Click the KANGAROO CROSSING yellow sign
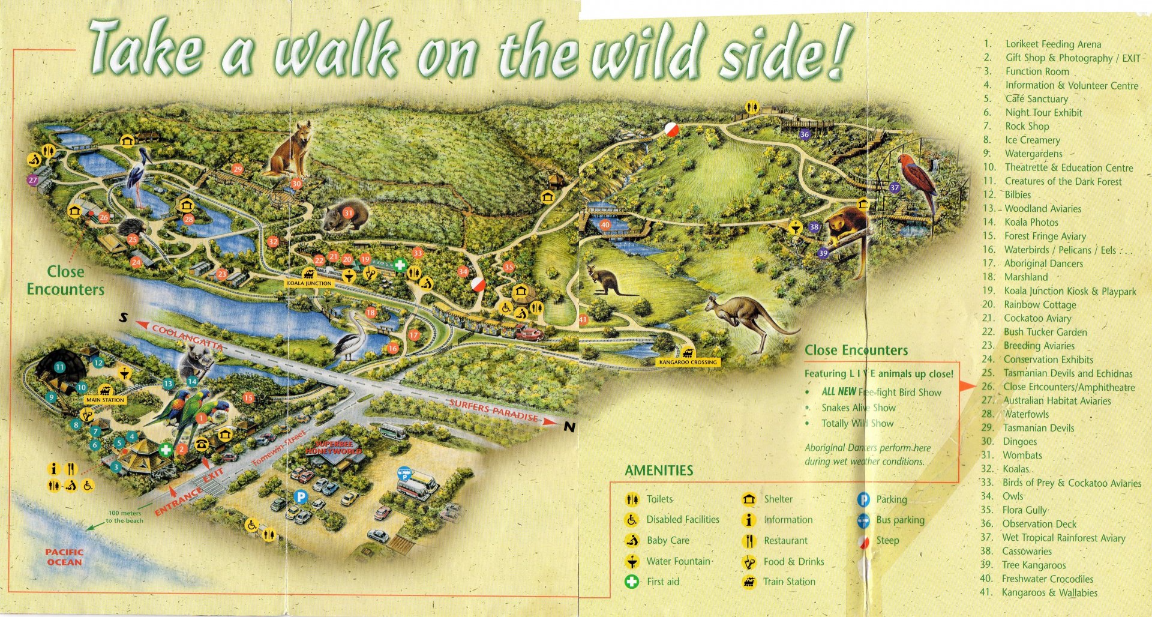(688, 362)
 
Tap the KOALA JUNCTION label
(308, 283)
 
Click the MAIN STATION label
(105, 400)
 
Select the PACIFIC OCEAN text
(64, 557)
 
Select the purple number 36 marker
(805, 134)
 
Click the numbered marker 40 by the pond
(605, 225)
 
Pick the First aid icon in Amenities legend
(631, 581)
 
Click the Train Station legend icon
(749, 581)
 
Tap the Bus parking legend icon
(863, 520)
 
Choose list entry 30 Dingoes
(1019, 442)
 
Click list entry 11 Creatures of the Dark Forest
(1063, 181)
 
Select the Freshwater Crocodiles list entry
(1047, 579)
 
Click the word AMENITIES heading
(659, 471)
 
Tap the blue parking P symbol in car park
(301, 497)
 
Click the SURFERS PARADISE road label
(493, 411)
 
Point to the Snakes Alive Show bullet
(858, 408)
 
